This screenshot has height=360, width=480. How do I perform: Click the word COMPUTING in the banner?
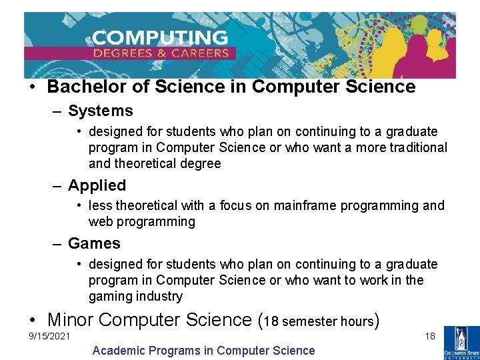coord(161,37)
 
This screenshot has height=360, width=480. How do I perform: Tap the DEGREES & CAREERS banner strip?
coord(161,53)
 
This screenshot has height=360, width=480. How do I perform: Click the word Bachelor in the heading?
coord(81,87)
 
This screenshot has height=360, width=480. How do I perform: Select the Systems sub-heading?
coord(100,111)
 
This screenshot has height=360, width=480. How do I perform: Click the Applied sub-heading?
coord(97,185)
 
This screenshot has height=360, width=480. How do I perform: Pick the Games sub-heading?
coord(94,243)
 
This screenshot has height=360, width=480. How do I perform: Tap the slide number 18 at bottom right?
coord(430,335)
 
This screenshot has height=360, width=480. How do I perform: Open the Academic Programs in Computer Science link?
coord(203,350)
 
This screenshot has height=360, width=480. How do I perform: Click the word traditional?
coord(414,147)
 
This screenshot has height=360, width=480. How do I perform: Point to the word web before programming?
coord(101,221)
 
